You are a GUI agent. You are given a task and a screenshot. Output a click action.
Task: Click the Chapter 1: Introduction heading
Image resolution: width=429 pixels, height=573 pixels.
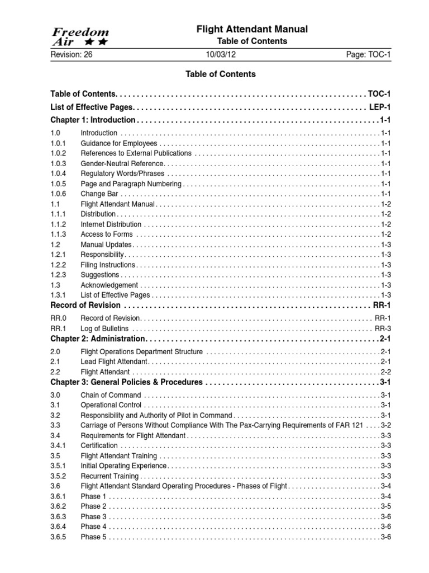[93, 120]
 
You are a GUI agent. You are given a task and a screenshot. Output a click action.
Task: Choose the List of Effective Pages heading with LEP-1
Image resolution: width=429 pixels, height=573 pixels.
[92, 107]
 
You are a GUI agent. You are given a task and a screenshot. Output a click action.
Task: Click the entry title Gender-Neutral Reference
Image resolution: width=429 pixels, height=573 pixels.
[122, 163]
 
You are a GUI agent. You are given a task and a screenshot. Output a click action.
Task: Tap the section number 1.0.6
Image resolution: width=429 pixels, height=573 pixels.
[58, 194]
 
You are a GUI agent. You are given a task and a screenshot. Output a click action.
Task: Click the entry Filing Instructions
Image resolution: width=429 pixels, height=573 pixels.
[108, 265]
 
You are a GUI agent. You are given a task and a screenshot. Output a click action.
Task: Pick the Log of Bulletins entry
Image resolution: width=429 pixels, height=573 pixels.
[104, 328]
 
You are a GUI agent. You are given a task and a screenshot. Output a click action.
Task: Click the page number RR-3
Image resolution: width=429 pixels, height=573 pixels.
[382, 328]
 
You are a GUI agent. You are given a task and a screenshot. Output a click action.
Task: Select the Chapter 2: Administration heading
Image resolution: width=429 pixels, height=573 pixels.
[98, 340]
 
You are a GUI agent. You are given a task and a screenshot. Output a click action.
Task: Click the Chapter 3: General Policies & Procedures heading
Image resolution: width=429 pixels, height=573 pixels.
[126, 382]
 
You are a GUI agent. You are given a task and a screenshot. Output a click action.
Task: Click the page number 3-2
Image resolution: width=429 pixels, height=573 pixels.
[385, 425]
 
